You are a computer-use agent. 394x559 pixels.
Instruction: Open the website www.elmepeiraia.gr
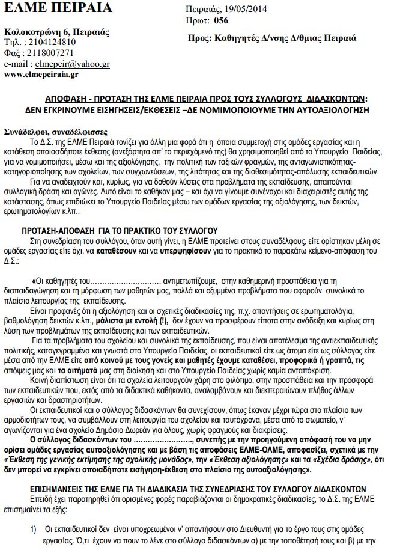[41, 75]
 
